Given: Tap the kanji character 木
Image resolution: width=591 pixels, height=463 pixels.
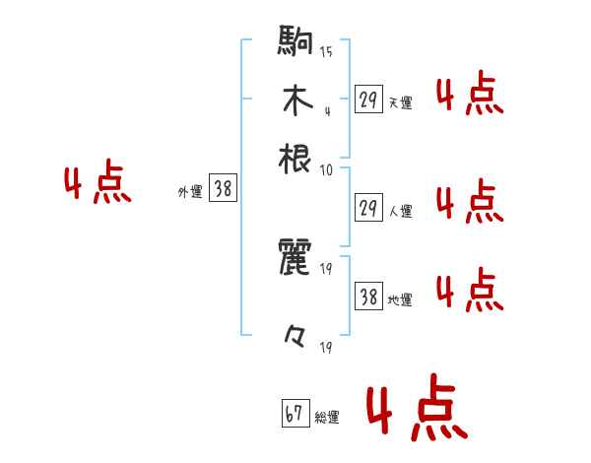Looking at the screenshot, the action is point(295,101).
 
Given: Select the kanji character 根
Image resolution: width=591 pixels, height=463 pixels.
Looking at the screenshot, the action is point(295,158).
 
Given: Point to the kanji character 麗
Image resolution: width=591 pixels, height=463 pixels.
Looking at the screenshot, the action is point(295,260).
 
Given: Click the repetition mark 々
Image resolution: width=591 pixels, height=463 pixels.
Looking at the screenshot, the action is point(295,339).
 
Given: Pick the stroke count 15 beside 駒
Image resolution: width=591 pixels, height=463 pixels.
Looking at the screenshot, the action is point(326,51).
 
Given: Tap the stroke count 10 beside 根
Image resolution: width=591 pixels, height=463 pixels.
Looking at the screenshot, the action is point(326,168).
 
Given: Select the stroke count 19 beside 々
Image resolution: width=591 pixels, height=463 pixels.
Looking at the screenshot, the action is point(326,347).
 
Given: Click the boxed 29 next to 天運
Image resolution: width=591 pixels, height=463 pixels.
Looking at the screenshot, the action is point(369,99).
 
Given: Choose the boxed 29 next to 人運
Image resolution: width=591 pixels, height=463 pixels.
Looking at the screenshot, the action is point(369,208).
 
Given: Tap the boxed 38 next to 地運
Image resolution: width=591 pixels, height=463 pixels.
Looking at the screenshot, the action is point(369,297).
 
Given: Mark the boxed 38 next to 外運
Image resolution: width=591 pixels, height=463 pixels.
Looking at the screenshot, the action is point(224,189).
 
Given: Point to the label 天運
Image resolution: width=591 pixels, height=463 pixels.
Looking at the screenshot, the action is point(400,102).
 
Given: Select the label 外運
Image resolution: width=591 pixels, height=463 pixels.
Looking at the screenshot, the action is point(190,192).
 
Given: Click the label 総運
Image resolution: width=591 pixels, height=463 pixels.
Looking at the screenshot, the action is point(326,418).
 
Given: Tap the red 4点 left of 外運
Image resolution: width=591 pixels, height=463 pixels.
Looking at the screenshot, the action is point(98,185).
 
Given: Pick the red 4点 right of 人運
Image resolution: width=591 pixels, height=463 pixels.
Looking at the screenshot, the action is point(469,202).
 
